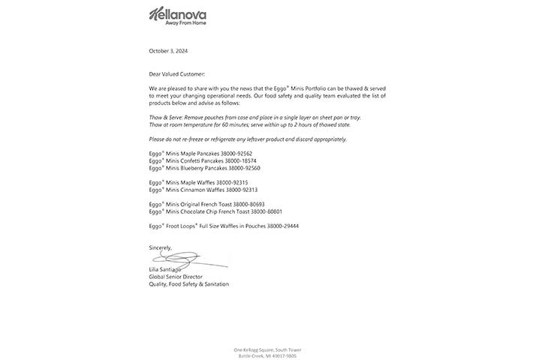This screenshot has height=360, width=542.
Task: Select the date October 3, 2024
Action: click(x=168, y=51)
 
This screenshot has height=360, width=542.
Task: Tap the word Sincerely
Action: click(x=160, y=247)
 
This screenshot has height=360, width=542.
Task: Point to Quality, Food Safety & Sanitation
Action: click(x=188, y=283)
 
